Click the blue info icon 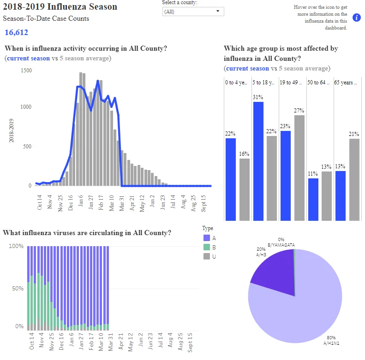356,18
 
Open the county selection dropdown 193,12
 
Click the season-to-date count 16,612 16,32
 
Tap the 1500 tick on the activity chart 26,70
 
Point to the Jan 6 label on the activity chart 81,201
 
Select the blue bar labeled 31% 258,161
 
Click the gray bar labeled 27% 299,168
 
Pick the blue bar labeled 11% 313,200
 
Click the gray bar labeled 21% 354,180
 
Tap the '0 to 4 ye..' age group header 236,83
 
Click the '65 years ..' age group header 345,83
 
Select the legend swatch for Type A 207,238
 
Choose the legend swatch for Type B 207,247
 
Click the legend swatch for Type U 207,256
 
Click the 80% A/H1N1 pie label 331,340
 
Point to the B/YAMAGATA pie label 281,245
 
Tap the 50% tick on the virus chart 18,289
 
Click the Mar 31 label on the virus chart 111,342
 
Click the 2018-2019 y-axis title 11,130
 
